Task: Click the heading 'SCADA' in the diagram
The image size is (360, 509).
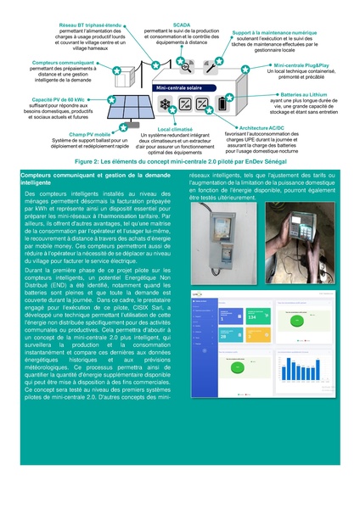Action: [x=180, y=26]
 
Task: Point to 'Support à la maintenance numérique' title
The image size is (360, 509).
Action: [x=275, y=31]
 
